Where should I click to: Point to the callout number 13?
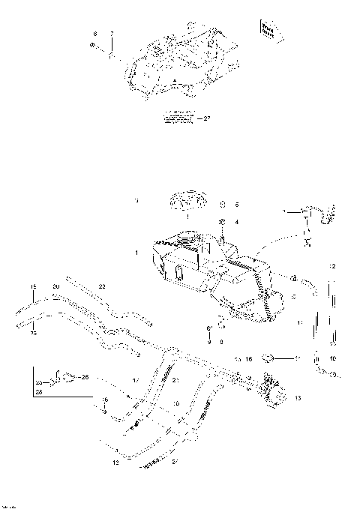tap(297, 397)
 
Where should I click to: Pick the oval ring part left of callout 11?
tap(274, 358)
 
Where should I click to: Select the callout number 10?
tap(333, 358)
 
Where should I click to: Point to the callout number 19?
tap(33, 286)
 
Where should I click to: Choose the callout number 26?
tap(84, 376)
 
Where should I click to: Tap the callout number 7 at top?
tap(111, 34)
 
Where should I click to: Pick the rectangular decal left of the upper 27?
tap(180, 117)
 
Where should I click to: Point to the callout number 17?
tap(135, 381)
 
